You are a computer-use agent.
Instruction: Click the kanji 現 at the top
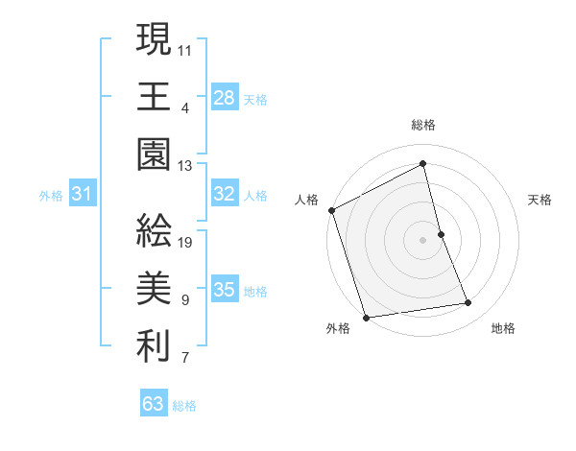click(x=154, y=40)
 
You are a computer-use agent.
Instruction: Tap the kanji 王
click(x=154, y=98)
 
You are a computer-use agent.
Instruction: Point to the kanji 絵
click(x=154, y=232)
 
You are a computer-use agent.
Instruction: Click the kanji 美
click(x=154, y=291)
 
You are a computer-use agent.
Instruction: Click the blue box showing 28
click(x=225, y=98)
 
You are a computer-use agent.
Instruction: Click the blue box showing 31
click(x=83, y=195)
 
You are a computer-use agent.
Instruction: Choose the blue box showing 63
click(x=154, y=404)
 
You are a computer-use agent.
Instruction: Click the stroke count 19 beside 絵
click(x=185, y=242)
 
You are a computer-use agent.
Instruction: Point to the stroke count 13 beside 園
click(x=185, y=165)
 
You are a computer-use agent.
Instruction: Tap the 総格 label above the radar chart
click(x=423, y=125)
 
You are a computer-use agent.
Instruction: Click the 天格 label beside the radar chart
click(x=540, y=200)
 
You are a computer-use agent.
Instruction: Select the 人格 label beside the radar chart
click(x=306, y=200)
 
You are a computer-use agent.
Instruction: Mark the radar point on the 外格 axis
click(x=366, y=318)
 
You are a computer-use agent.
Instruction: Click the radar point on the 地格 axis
click(x=468, y=303)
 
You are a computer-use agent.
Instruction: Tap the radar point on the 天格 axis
click(x=441, y=233)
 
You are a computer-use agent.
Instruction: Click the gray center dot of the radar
click(x=423, y=239)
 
